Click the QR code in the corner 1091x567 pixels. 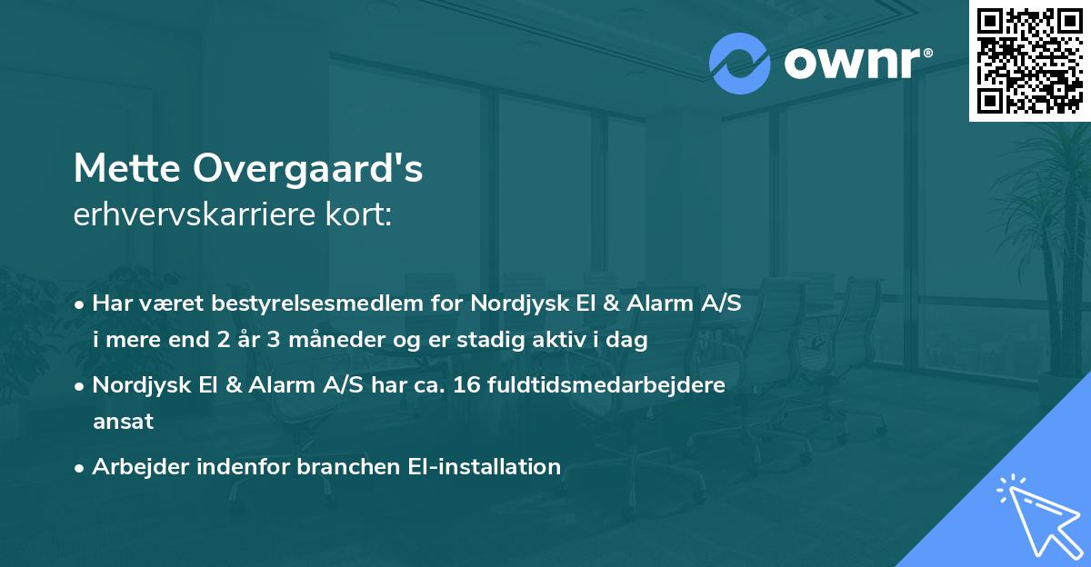tap(1030, 60)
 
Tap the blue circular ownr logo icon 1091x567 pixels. tap(740, 64)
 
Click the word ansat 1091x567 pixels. tap(123, 421)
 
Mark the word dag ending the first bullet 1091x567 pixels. tap(629, 341)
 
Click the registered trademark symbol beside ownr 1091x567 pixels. tap(927, 53)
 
